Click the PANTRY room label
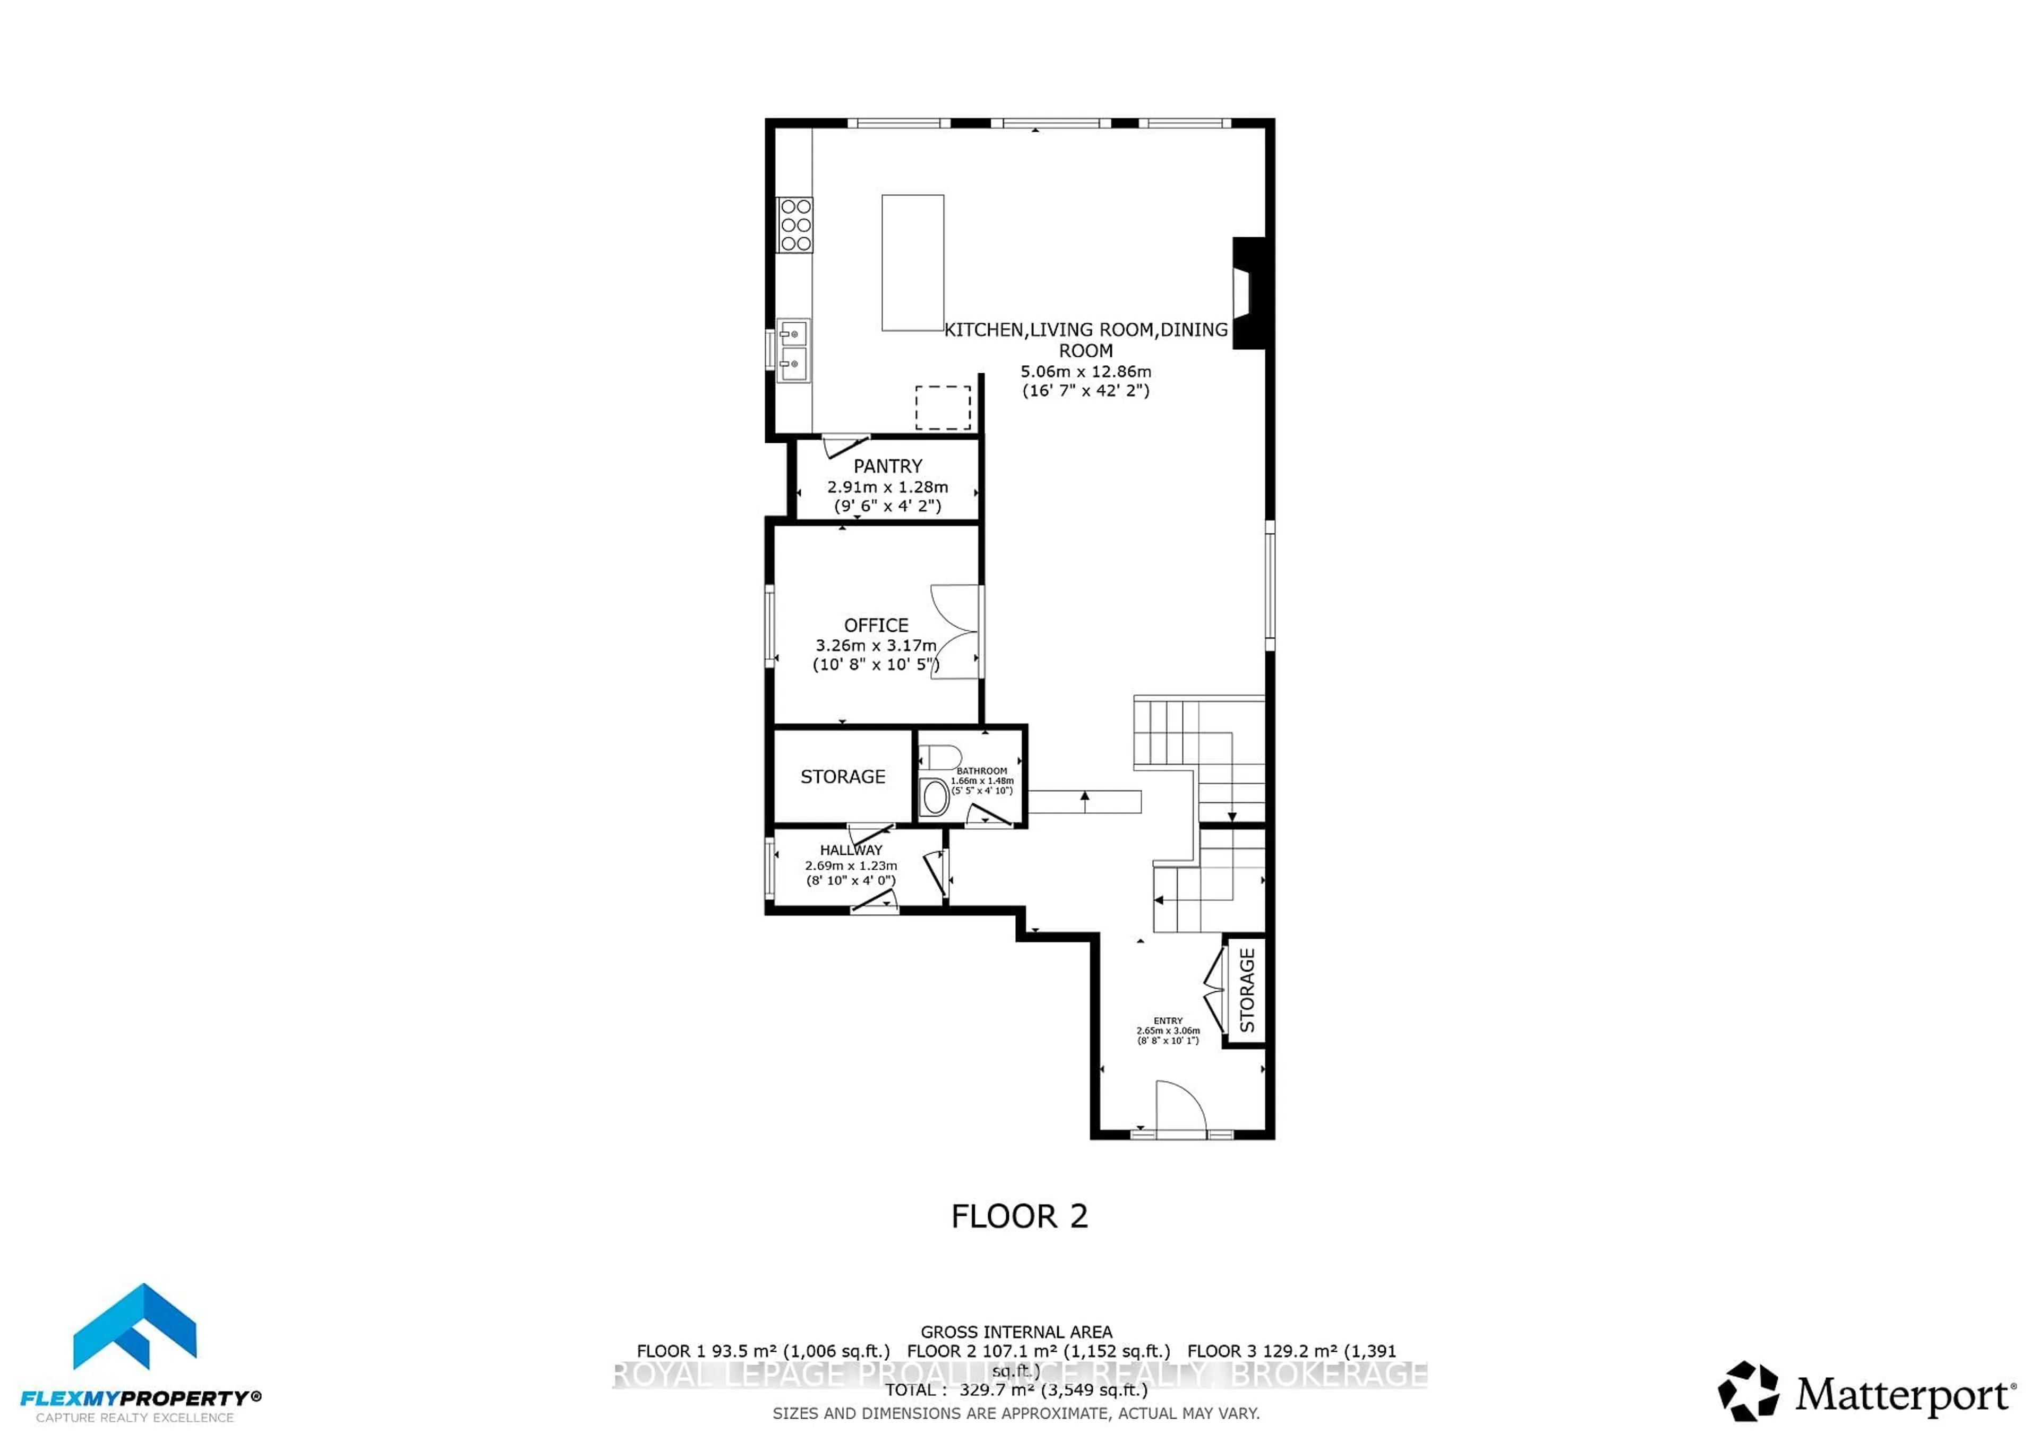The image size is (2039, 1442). [x=887, y=466]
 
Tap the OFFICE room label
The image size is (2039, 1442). [x=876, y=625]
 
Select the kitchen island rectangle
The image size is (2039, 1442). [x=912, y=263]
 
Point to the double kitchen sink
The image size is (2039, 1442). [x=793, y=351]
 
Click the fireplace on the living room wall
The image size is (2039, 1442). [x=1247, y=293]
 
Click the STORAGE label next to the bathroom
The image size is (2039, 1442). [x=842, y=777]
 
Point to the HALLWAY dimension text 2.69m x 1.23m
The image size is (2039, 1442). [x=851, y=866]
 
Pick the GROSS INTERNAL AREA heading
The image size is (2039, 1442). [x=1016, y=1332]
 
